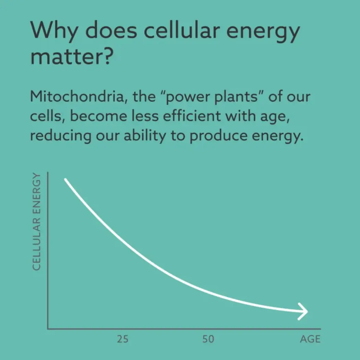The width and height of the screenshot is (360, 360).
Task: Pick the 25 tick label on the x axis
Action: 122,339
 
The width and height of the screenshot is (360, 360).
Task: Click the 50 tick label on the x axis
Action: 208,339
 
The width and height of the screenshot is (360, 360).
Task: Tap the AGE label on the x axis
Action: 310,339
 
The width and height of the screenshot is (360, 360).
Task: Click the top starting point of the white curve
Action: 65,180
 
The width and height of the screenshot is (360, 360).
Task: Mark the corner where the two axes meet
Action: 48,328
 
